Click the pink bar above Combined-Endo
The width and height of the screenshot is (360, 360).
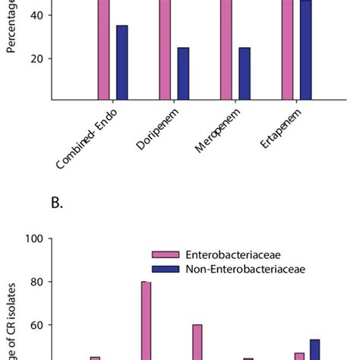pos(103,49)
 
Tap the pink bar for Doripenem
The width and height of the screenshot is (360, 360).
pos(165,49)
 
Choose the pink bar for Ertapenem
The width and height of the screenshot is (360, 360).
pos(287,49)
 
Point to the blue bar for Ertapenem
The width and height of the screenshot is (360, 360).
pos(305,50)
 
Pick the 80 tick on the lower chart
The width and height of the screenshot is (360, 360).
pos(37,282)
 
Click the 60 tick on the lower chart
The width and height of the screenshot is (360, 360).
pos(37,325)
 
